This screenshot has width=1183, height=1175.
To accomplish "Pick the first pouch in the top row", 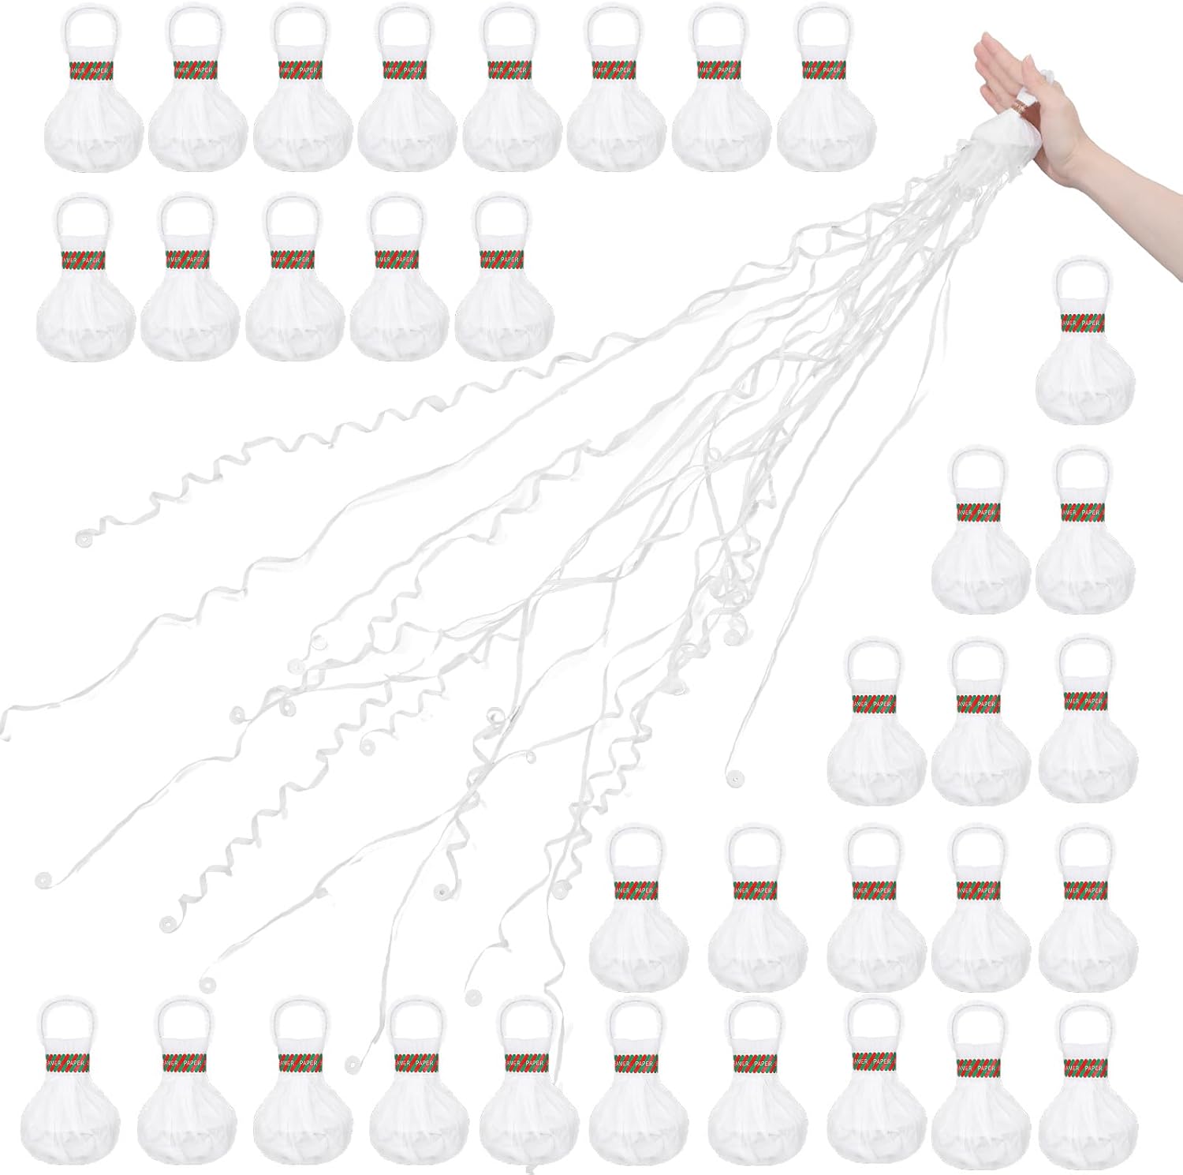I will click(93, 118).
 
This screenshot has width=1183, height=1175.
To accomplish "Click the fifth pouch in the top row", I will click(513, 118).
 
